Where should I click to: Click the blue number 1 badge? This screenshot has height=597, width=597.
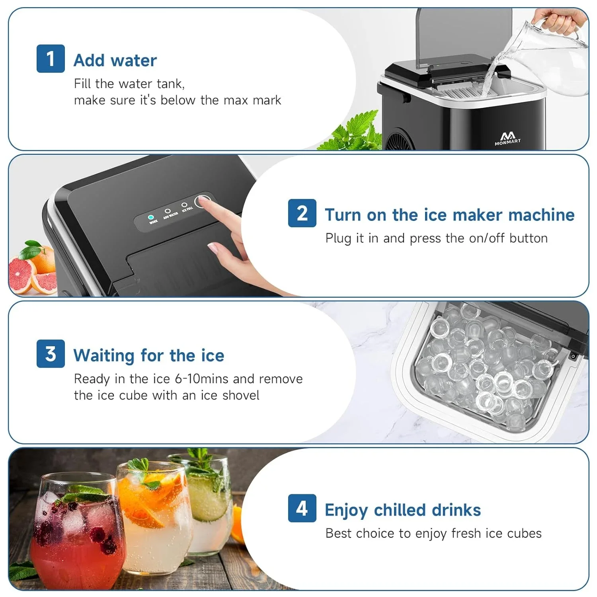click(51, 59)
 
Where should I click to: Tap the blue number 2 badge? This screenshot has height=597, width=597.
click(302, 213)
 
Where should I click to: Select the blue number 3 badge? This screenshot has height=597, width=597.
click(51, 353)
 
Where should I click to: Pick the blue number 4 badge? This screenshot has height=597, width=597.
click(302, 508)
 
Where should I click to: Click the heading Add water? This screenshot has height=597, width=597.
click(115, 60)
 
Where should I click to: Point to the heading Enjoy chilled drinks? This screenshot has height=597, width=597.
click(402, 510)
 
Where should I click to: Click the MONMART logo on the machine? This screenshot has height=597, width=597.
click(507, 139)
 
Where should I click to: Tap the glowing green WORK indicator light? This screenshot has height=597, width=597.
click(151, 217)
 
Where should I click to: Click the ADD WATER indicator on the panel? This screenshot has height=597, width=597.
click(168, 211)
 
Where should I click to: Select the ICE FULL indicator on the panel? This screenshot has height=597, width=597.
click(184, 205)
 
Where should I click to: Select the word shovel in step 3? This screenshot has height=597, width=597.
click(241, 395)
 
